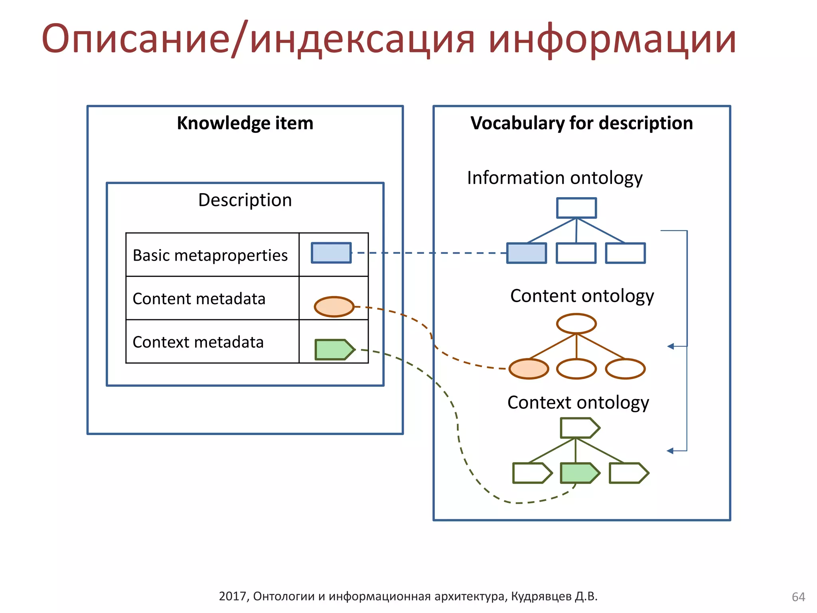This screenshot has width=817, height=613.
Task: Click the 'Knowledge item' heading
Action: (x=245, y=123)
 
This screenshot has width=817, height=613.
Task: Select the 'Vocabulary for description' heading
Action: (x=581, y=123)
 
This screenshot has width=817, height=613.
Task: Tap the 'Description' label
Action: (x=245, y=200)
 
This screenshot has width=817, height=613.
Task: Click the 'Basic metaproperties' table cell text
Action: (x=210, y=255)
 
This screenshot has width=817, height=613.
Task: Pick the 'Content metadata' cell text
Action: (x=199, y=299)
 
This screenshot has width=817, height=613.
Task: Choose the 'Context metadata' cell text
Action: (x=198, y=342)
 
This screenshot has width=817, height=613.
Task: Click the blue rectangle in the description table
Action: (x=331, y=253)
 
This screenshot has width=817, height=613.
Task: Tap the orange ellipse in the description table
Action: (x=334, y=307)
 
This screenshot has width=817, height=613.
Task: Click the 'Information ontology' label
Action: (x=555, y=178)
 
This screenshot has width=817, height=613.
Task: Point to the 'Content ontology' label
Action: (x=582, y=296)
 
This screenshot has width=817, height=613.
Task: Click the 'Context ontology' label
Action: (x=578, y=403)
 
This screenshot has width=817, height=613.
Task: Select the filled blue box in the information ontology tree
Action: (x=527, y=253)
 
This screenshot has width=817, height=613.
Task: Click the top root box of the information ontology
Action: (x=576, y=208)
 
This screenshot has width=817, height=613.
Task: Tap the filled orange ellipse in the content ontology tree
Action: (x=529, y=369)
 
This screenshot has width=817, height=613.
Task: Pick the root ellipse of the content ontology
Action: (x=576, y=324)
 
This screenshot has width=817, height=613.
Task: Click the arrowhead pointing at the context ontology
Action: (x=671, y=451)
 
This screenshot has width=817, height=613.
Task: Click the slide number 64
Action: (x=798, y=597)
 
